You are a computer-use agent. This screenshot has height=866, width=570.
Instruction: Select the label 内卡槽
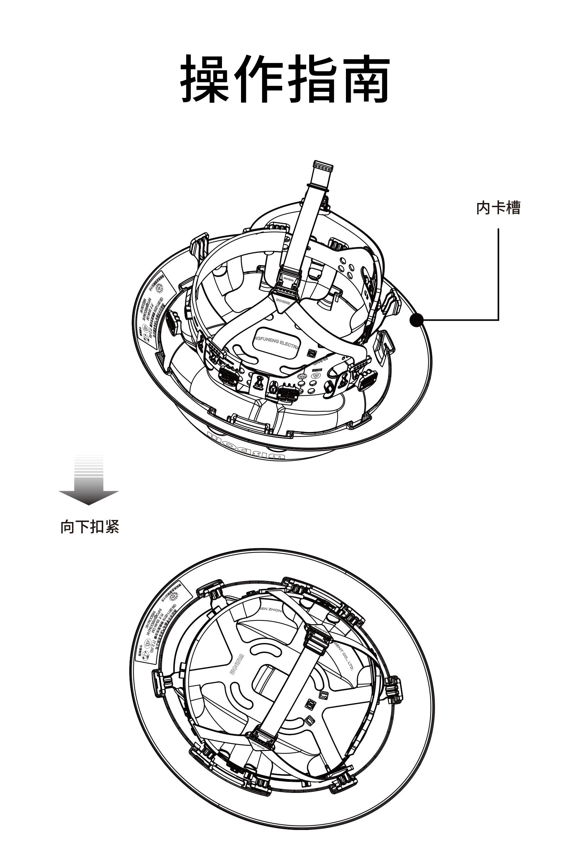click(x=498, y=208)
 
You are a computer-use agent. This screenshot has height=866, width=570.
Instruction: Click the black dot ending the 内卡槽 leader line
click(x=417, y=320)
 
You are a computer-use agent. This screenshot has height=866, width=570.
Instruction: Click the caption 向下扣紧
click(x=89, y=527)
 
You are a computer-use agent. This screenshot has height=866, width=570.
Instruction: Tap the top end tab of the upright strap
click(x=322, y=167)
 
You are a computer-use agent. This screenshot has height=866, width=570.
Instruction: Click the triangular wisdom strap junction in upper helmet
click(x=284, y=302)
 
